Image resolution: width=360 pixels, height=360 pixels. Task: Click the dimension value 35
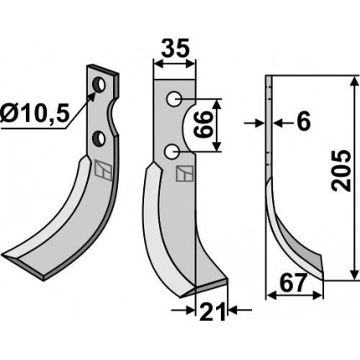(175, 48)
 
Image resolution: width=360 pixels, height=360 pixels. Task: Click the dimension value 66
(203, 124)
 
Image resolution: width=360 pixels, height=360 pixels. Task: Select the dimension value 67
(293, 283)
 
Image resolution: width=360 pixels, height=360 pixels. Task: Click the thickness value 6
(303, 122)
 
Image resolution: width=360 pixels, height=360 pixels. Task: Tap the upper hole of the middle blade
(173, 99)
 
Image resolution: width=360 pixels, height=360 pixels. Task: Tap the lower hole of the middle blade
(172, 152)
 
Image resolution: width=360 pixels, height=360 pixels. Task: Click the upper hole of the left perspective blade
(99, 85)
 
